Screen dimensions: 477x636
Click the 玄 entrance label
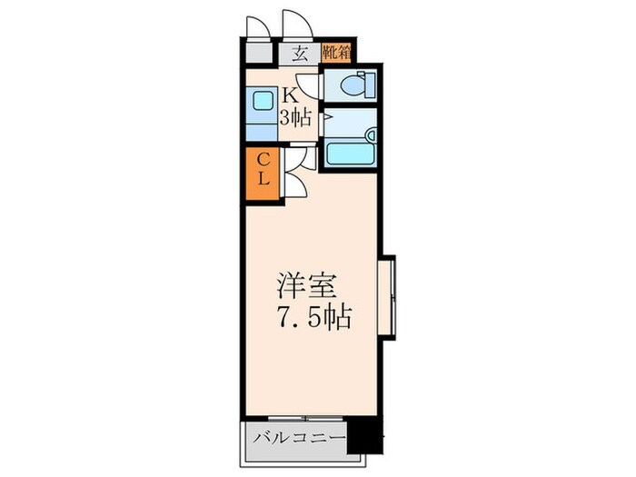300,53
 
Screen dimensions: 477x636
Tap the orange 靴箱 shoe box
337,53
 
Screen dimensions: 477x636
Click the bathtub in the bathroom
349,153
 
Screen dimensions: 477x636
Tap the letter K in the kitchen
289,94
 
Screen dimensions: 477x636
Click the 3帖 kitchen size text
295,116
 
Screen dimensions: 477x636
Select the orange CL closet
262,171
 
